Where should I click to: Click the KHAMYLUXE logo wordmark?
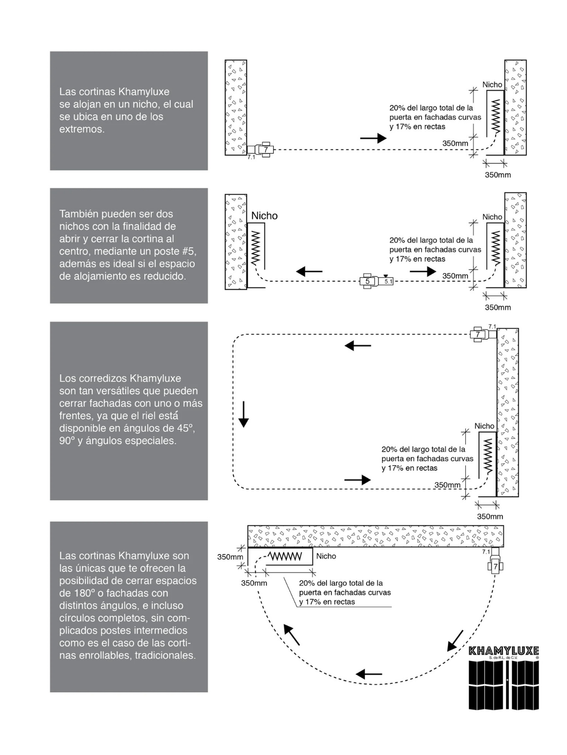point(503,651)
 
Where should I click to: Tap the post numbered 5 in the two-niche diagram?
point(368,281)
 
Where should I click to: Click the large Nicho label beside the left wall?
point(264,216)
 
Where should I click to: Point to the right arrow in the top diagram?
point(373,138)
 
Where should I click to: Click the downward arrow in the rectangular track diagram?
point(243,414)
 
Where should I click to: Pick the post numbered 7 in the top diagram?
point(266,150)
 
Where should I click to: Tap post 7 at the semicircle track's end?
point(495,566)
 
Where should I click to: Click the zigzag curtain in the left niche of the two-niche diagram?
point(256,248)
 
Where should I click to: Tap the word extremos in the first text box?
point(81,129)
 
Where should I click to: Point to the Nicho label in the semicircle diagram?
point(326,556)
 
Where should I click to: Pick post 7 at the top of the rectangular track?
point(478,334)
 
